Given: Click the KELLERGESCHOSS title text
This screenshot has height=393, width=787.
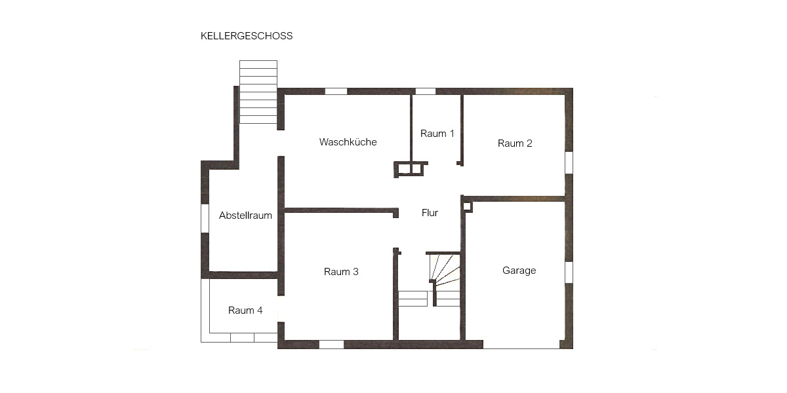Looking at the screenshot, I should pos(247,36).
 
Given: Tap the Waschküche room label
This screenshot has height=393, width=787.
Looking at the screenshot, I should pos(348,142).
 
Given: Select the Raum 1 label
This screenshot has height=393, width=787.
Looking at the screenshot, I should pos(437,134).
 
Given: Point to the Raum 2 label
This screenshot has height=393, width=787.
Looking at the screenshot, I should pos(515,143).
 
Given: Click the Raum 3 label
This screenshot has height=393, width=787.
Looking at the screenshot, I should pos(341,272).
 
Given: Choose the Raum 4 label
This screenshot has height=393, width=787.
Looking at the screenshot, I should pos(245,310).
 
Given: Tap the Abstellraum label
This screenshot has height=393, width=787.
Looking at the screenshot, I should pos(245,215).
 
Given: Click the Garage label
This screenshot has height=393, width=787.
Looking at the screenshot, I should pos(519,271).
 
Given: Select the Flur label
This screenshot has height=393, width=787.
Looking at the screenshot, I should pos(430,213).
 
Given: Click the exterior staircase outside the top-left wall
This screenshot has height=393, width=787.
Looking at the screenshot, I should pos(258,92).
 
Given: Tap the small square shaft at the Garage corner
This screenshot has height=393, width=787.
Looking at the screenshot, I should pos(467,206).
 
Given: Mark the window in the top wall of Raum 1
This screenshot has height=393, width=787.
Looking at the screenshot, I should pos(426,91).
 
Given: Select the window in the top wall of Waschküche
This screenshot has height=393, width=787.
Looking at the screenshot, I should pos(336,91).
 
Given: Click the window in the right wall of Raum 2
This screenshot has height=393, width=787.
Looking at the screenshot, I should pos(569,162).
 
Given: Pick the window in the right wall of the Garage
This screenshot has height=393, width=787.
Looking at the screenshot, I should pos(569,272).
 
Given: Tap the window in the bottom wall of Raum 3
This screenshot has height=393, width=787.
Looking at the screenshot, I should pos(331,344).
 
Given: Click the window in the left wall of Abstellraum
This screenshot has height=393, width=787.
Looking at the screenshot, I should pos(205,218).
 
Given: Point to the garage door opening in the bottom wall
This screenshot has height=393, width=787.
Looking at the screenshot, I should pos(521,345).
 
